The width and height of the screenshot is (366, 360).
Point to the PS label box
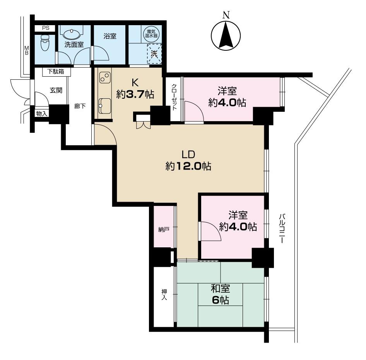coord(46,28)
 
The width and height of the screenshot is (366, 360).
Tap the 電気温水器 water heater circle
coord(150,33)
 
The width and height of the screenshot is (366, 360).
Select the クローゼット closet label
coord(174,98)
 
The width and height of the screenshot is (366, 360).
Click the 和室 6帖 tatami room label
coord(220,295)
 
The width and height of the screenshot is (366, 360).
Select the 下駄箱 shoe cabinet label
coord(56,71)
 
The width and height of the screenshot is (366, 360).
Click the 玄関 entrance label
coord(56,90)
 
